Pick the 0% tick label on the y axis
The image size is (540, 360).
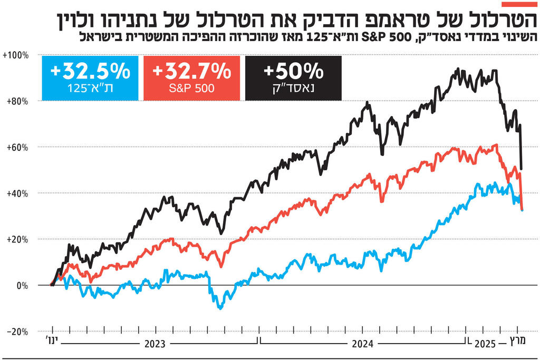(x=22, y=285)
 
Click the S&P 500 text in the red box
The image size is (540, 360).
(x=192, y=88)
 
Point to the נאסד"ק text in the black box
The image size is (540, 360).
(x=293, y=88)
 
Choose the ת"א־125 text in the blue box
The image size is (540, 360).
(x=90, y=88)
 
